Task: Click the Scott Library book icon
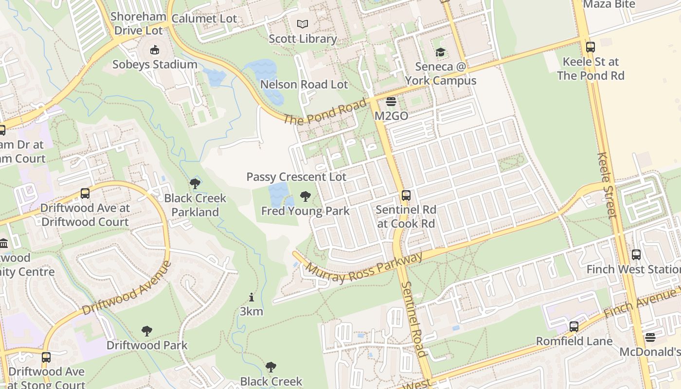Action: (303, 24)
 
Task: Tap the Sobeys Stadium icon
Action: (155, 50)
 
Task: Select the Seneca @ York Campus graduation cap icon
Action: (441, 52)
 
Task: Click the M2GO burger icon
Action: (391, 102)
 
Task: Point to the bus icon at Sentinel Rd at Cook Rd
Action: (406, 195)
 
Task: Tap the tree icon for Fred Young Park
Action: (305, 196)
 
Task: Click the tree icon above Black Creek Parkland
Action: (195, 184)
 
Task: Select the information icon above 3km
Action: (251, 297)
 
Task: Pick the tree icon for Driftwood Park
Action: (147, 331)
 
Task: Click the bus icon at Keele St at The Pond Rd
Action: (591, 47)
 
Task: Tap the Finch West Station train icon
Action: (636, 255)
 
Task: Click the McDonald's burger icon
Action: (650, 337)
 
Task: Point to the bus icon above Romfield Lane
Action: (574, 326)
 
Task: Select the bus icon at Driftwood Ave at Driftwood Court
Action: (85, 194)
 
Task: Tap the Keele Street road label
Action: (607, 185)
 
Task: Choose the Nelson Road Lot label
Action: (304, 85)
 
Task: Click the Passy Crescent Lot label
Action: (296, 177)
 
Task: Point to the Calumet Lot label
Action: (204, 19)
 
